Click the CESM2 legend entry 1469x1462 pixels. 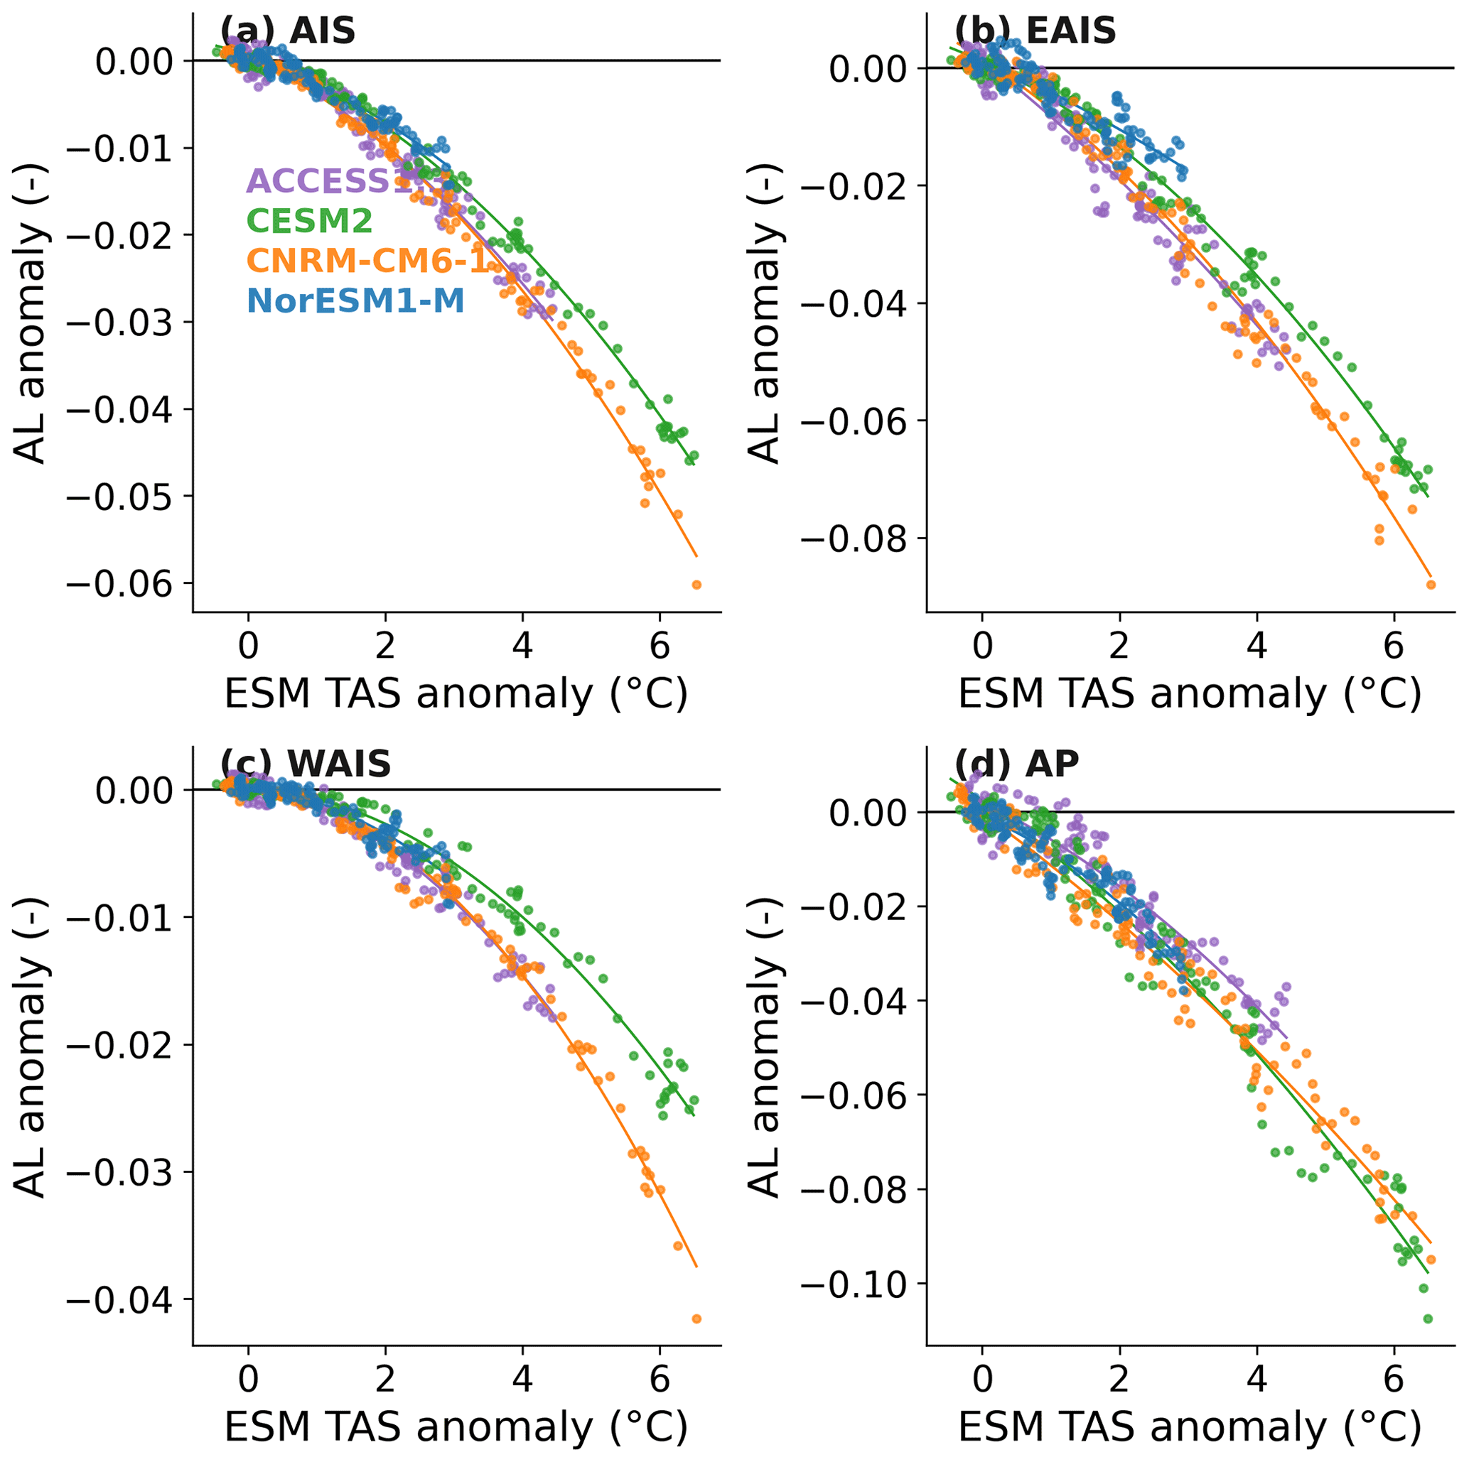coord(309,221)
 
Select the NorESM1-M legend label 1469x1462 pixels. coord(355,301)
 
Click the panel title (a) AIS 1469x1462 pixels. coord(287,31)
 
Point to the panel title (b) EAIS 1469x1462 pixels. coord(1035,31)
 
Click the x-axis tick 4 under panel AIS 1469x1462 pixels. coord(522,646)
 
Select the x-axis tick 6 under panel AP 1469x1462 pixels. coord(1394,1378)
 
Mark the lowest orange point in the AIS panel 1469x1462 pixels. coord(696,585)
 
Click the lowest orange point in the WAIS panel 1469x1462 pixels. coord(696,1318)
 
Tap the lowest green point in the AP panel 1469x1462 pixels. coord(1428,1318)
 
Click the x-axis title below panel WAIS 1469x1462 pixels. coord(456,1426)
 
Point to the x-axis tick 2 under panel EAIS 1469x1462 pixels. coord(1119,646)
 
